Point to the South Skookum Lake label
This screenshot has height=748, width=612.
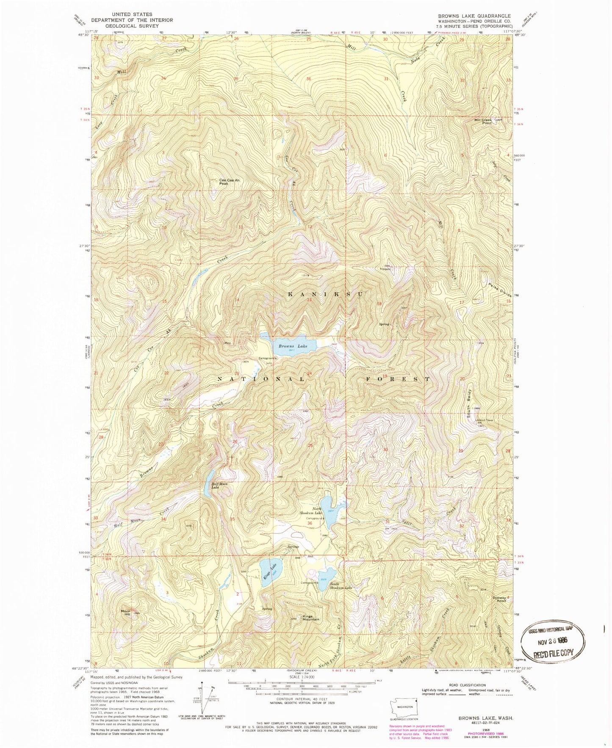click(x=341, y=588)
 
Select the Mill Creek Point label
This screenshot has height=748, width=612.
click(x=483, y=121)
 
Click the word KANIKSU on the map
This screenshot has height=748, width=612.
click(x=325, y=294)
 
